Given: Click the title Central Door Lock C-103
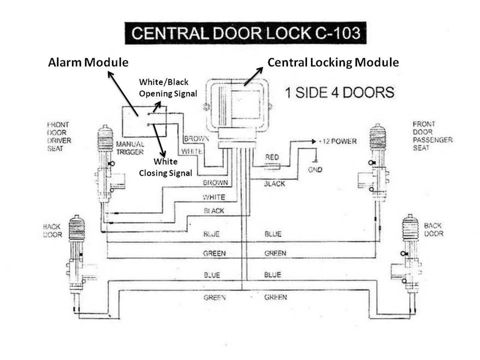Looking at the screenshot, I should (x=245, y=33).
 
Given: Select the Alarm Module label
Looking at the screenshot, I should (x=88, y=62).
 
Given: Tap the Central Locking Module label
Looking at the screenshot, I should (x=333, y=62).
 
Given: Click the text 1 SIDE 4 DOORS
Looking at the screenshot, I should (x=339, y=93).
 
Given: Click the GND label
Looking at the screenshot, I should (x=315, y=169).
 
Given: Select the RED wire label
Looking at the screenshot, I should (x=272, y=157).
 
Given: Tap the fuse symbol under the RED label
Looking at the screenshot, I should (x=272, y=166).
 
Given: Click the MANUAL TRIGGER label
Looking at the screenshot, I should (x=130, y=148).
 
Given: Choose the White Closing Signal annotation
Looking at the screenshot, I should (x=165, y=167).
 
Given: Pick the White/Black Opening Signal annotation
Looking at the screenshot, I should (x=168, y=88).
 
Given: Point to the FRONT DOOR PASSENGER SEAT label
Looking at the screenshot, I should (x=432, y=136).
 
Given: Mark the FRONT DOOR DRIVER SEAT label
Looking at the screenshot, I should (x=59, y=136).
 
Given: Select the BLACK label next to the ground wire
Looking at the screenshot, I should (x=274, y=184).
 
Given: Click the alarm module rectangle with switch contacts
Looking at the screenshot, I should (x=144, y=121).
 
